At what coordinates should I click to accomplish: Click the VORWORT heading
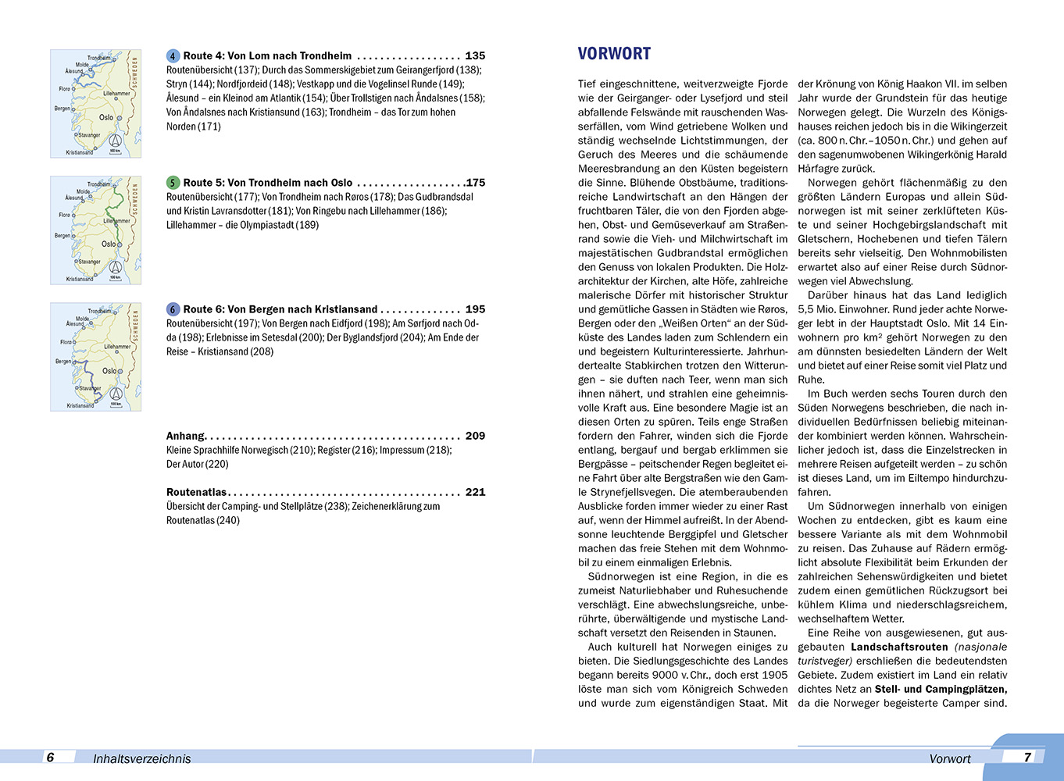[x=614, y=54]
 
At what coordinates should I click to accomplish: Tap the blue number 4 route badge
[x=173, y=56]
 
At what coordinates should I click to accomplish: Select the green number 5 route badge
[x=173, y=183]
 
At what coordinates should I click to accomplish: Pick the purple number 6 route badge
[x=173, y=309]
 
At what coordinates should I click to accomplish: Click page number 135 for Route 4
[x=475, y=56]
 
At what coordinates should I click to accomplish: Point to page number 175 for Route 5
[x=475, y=183]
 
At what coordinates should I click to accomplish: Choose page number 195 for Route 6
[x=475, y=309]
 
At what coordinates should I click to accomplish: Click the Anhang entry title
[x=185, y=436]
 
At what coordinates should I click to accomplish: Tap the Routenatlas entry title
[x=196, y=492]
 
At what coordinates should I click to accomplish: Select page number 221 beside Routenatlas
[x=475, y=492]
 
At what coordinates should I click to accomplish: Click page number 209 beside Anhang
[x=475, y=436]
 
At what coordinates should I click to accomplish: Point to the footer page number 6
[x=50, y=757]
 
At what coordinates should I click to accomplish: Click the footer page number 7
[x=1027, y=757]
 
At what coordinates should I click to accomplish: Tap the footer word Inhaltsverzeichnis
[x=141, y=758]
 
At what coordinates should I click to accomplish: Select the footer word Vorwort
[x=949, y=758]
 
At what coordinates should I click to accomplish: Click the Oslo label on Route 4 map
[x=107, y=117]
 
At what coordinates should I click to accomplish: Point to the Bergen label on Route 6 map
[x=62, y=362]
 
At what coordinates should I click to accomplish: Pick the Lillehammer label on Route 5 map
[x=117, y=220]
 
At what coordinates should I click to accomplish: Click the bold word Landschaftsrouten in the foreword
[x=898, y=647]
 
